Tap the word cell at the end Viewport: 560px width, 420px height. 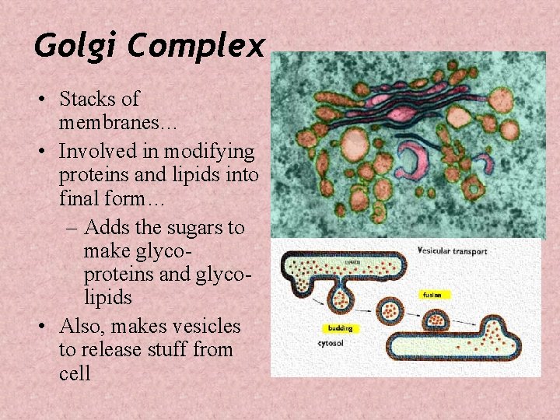click(x=75, y=373)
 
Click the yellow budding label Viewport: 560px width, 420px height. click(x=340, y=327)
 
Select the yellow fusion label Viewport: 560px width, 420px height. click(x=432, y=295)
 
